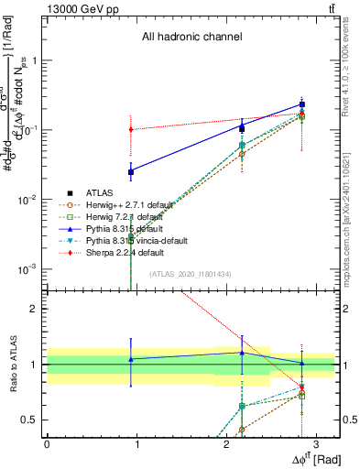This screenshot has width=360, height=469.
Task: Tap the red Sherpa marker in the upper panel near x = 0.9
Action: [x=132, y=129]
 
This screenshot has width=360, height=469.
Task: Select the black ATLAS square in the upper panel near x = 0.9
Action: [x=132, y=171]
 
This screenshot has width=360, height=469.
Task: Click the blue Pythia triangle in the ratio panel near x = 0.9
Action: [x=132, y=359]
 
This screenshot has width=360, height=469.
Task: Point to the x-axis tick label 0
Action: [x=47, y=444]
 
